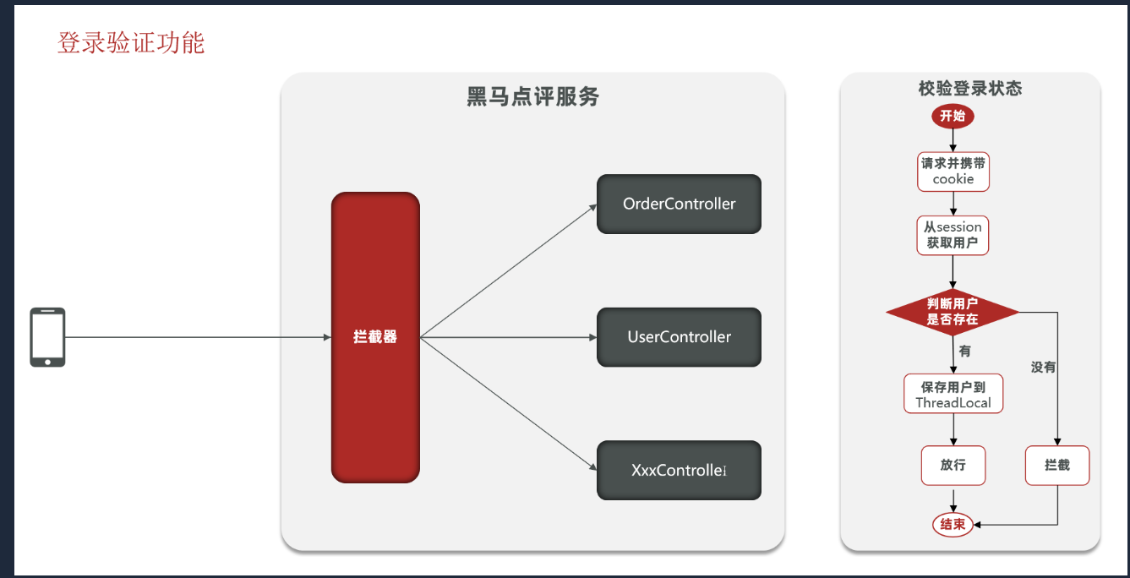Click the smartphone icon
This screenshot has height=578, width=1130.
click(x=47, y=337)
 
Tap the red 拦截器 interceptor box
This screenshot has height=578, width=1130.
click(x=375, y=337)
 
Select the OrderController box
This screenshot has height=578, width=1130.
click(x=679, y=204)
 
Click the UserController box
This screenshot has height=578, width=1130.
click(x=679, y=337)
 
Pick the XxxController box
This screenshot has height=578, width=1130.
click(x=679, y=470)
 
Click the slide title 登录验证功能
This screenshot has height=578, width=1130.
click(x=131, y=42)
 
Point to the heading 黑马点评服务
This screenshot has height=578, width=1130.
click(x=532, y=96)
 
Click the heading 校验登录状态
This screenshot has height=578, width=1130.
click(x=970, y=89)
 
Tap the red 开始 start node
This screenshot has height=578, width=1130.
click(x=953, y=116)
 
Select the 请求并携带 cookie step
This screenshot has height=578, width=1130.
click(x=953, y=171)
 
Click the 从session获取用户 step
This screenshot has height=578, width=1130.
click(x=953, y=235)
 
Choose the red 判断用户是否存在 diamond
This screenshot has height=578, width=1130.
click(x=953, y=313)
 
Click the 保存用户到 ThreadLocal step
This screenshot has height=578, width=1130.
click(x=953, y=394)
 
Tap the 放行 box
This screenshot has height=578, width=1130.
click(x=953, y=465)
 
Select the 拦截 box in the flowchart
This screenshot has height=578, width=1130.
click(x=1057, y=465)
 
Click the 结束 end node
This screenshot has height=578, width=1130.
click(x=953, y=524)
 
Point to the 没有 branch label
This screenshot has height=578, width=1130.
click(x=1043, y=368)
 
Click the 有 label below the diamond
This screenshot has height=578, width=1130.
click(x=964, y=351)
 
